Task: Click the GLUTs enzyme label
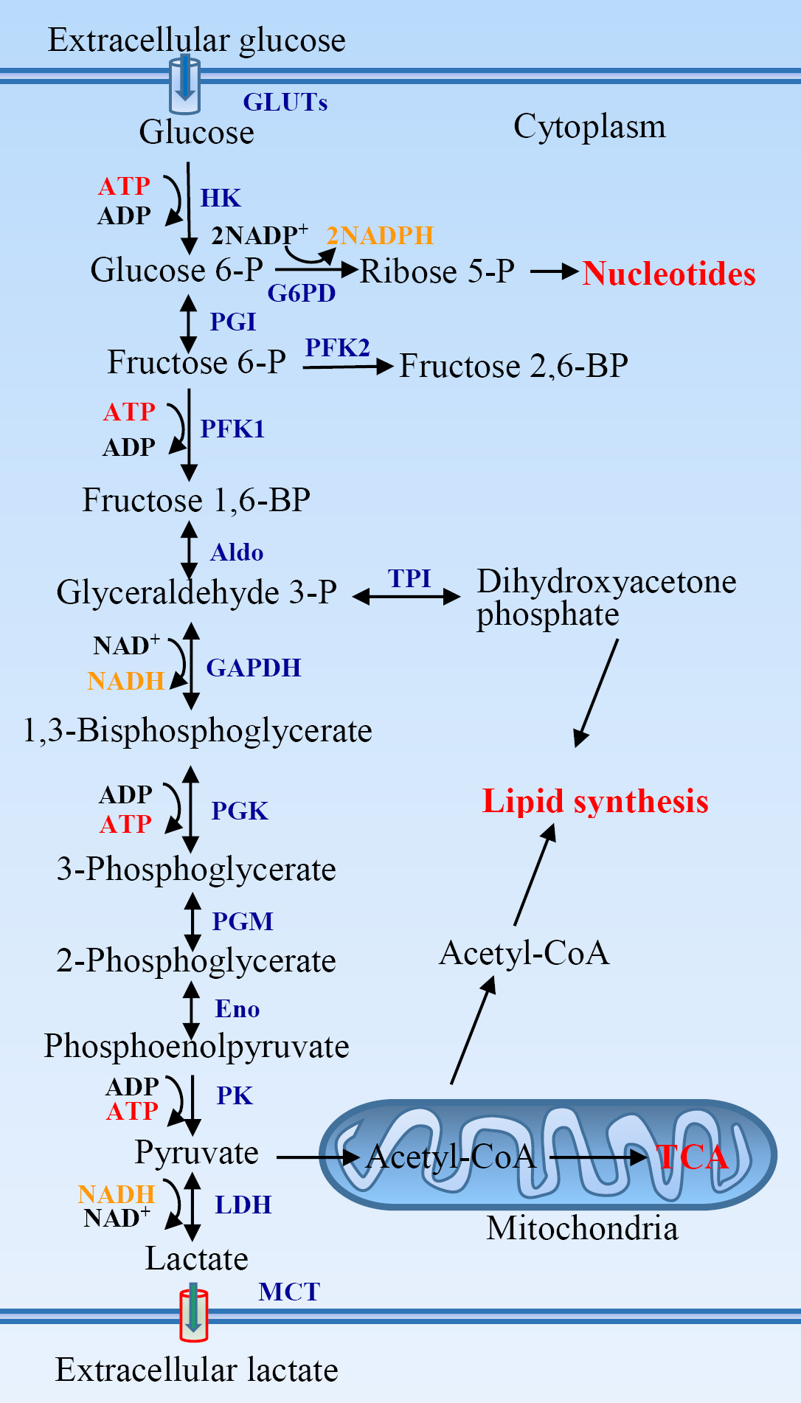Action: point(285,102)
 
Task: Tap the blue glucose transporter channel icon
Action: point(184,85)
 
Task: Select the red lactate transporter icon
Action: point(194,1314)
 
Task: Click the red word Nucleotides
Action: point(669,274)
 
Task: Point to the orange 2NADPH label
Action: point(380,235)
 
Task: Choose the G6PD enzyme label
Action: point(301,293)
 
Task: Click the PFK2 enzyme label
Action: point(338,347)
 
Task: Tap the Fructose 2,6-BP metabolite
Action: point(513,366)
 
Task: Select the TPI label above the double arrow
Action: point(409,578)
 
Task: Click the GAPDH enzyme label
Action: point(254,668)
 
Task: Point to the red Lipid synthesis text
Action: point(595,802)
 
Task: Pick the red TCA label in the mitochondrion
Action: point(692,1157)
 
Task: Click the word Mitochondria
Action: point(582,1229)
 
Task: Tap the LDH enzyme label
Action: point(243,1205)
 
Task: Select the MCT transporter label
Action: point(289,1292)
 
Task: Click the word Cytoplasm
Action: point(589,127)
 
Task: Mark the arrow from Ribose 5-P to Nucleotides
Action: point(554,272)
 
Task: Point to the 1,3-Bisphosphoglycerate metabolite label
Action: point(198,731)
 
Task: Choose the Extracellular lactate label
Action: point(197,1370)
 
